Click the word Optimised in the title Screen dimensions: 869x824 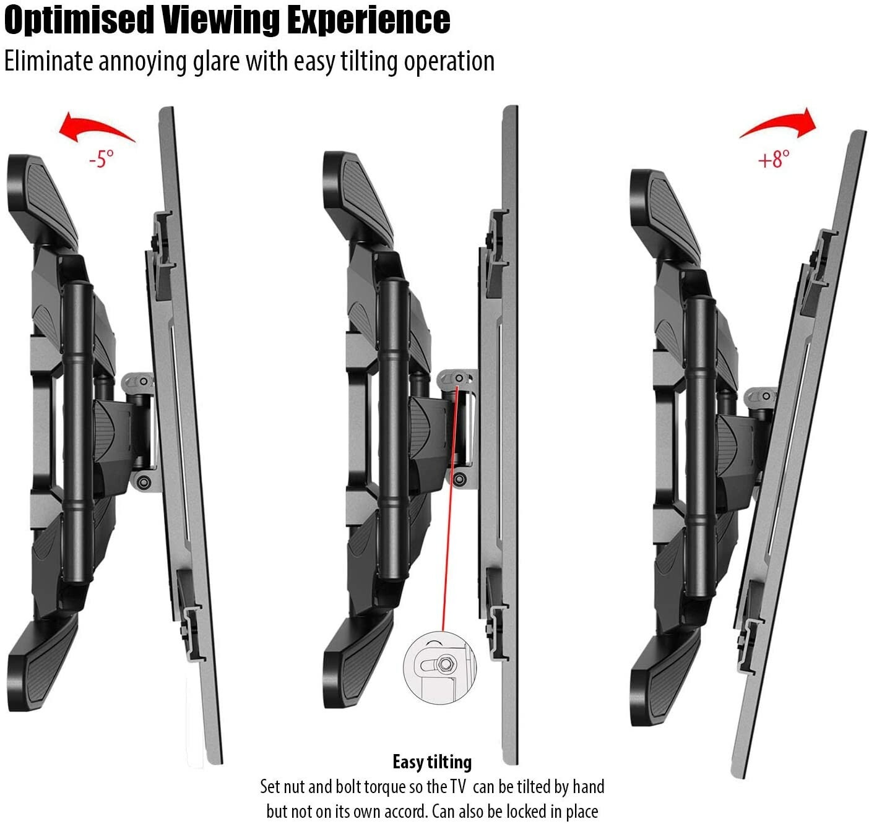coord(79,21)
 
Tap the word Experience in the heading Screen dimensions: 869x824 coord(369,21)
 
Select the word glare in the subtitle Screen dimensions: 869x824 coord(216,62)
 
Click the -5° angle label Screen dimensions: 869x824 coord(102,158)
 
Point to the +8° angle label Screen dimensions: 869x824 coord(773,159)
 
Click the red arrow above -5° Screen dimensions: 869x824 coord(97,127)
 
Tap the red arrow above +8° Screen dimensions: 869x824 coord(779,123)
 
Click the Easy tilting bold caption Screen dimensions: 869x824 coord(432,762)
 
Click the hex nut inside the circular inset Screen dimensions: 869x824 coord(444,664)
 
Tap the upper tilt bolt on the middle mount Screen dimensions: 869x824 coord(459,378)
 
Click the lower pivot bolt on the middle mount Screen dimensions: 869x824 coord(459,479)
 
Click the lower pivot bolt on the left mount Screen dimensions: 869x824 coord(143,481)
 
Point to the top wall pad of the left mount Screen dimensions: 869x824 coord(42,201)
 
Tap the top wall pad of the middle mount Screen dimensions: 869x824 coord(357,199)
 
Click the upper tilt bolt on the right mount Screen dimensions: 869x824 coord(767,396)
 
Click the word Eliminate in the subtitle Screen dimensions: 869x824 coord(49,61)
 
